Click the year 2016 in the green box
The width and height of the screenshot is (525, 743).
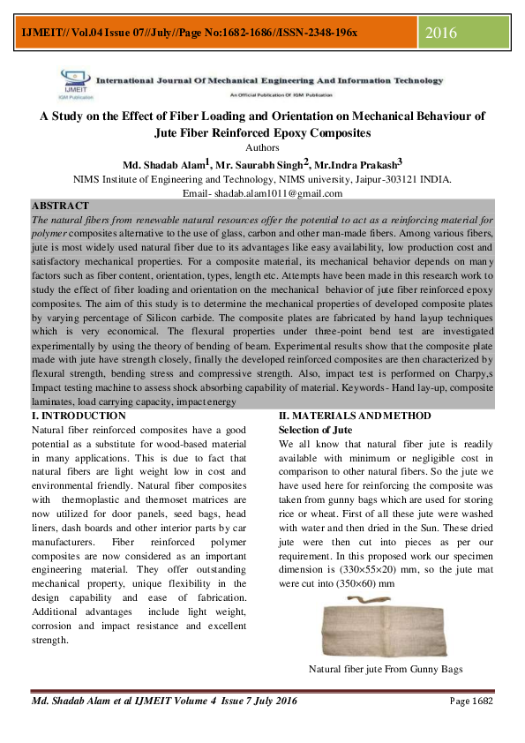441,34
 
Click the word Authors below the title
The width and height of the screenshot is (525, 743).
262,147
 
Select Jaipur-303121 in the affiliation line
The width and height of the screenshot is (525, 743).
360,178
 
